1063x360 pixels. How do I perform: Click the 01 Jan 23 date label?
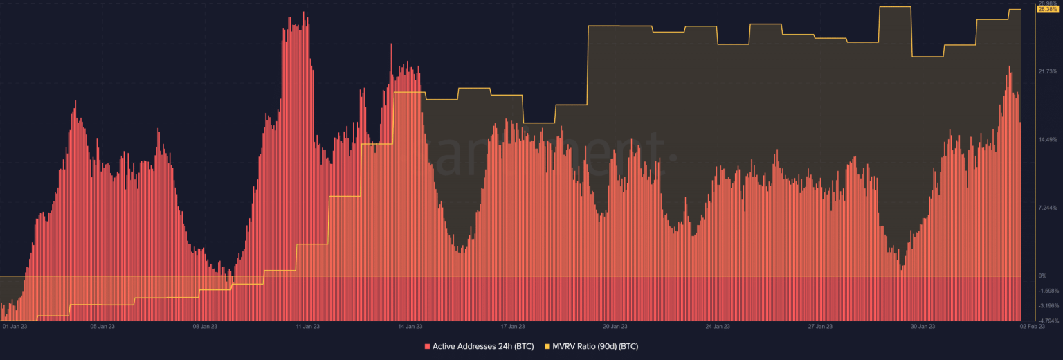(15, 326)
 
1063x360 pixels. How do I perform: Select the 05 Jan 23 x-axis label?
(102, 326)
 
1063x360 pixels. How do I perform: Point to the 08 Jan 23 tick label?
(205, 326)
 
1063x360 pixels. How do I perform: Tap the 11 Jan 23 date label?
(307, 326)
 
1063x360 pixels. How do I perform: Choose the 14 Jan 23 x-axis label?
(410, 326)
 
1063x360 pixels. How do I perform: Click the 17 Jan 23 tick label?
(512, 326)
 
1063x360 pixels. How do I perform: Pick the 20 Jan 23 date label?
(615, 326)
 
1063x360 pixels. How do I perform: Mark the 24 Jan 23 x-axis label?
(718, 326)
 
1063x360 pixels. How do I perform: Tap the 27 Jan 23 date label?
(820, 326)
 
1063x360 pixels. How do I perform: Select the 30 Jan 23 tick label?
(923, 326)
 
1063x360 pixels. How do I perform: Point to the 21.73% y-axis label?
(1048, 71)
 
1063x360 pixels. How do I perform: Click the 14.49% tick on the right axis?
(1048, 139)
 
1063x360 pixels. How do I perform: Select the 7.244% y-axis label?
(1048, 208)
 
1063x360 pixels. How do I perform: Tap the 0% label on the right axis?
(1042, 276)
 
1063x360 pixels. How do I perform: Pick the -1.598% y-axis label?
(1049, 291)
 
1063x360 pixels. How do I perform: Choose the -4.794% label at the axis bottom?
(1049, 321)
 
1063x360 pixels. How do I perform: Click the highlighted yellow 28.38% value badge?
(1048, 9)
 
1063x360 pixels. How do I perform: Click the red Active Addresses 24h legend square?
(427, 345)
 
